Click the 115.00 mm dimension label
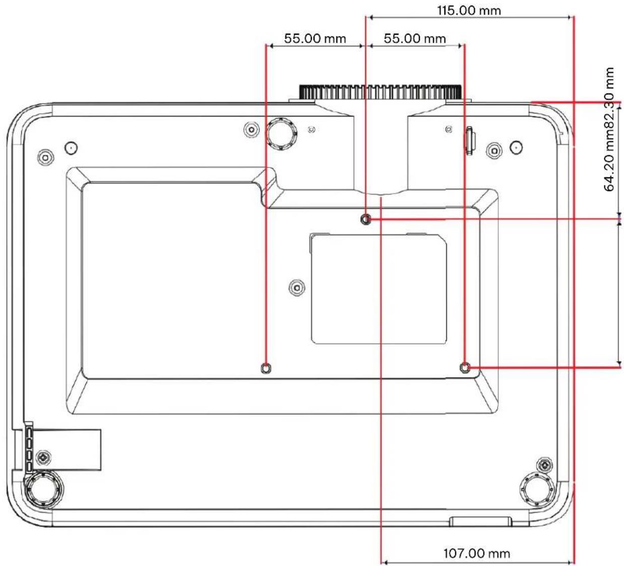pos(469,11)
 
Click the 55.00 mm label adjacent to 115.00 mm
pos(415,39)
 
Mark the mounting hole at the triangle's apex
pos(365,220)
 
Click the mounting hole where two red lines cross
pos(465,367)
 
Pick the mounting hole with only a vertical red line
pos(266,368)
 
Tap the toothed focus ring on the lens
pos(380,91)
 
